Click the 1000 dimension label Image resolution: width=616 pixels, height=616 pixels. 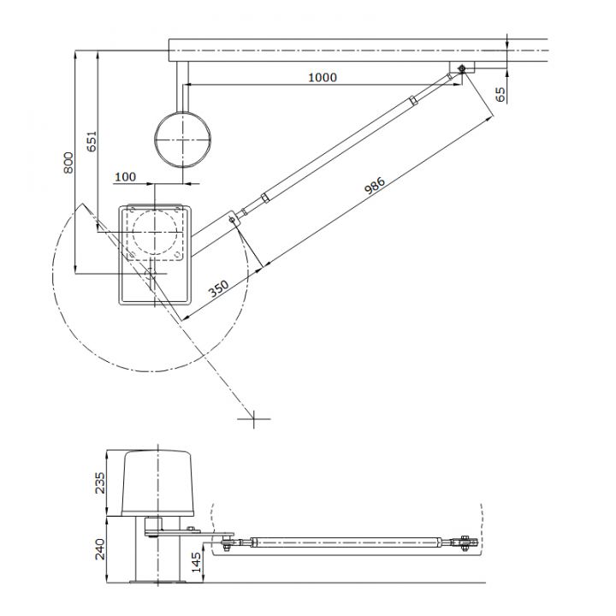pyautogui.click(x=322, y=77)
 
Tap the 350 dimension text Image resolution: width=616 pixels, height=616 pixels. pyautogui.click(x=219, y=287)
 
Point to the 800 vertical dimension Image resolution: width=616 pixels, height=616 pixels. pyautogui.click(x=69, y=163)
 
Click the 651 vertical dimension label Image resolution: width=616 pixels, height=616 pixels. pyautogui.click(x=92, y=141)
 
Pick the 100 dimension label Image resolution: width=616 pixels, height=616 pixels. pyautogui.click(x=125, y=176)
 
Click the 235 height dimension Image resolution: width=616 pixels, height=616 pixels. pyautogui.click(x=100, y=483)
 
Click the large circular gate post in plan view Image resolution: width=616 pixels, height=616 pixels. pyautogui.click(x=181, y=139)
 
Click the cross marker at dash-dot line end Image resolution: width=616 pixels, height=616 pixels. pyautogui.click(x=254, y=418)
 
